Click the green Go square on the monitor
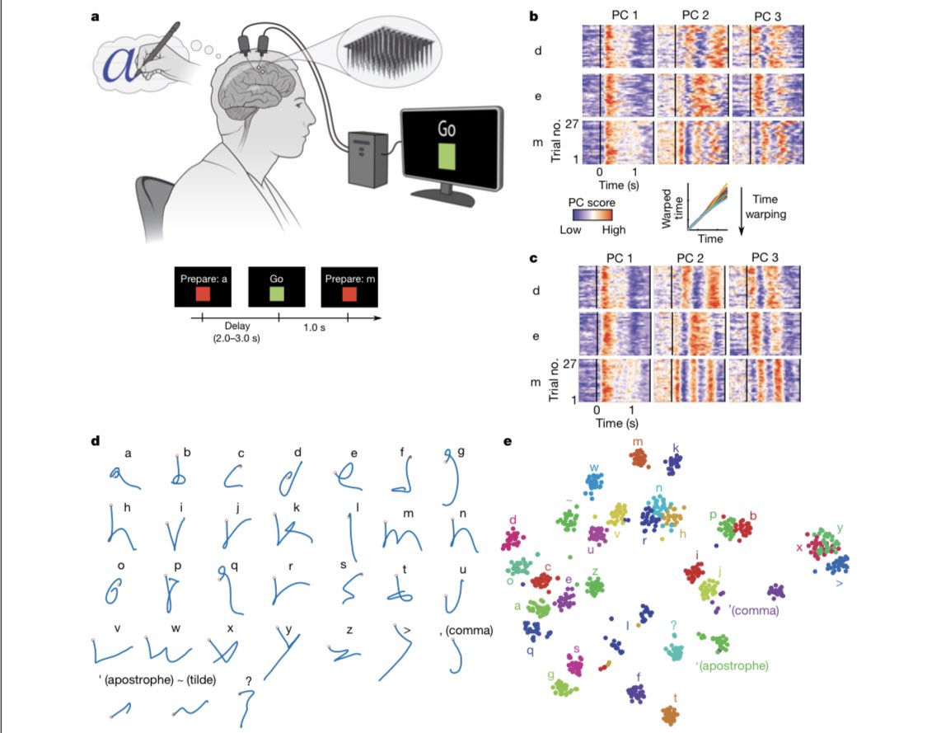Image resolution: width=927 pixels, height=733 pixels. pos(447,156)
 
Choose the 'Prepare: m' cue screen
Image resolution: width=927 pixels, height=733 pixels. pos(349,289)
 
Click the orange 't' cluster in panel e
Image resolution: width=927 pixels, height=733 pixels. pos(674,714)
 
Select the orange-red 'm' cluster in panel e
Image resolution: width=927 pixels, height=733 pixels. pos(639,456)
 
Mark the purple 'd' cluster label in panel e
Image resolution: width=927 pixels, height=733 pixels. pos(513,520)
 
